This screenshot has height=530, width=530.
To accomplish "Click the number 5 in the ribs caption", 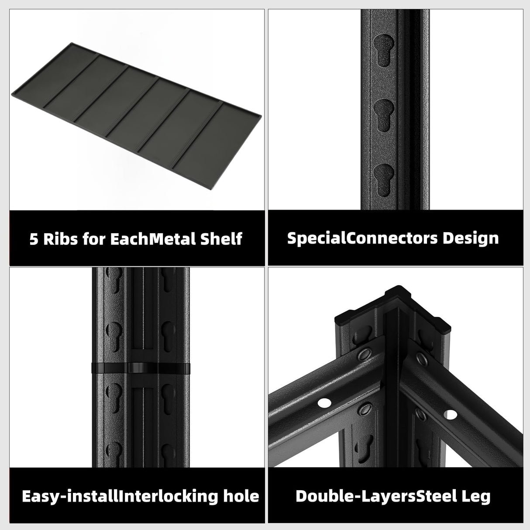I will point(34,239).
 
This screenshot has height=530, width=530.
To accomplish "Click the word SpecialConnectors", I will point(362,238).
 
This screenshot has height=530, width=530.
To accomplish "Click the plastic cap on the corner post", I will point(392,306).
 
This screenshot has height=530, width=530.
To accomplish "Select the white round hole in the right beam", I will point(448,413).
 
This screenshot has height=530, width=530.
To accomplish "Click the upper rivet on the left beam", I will point(364,356).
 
